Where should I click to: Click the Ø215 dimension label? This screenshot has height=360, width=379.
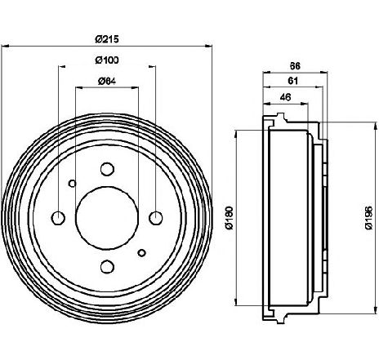click(107, 39)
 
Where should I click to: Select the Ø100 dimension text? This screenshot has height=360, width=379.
click(107, 60)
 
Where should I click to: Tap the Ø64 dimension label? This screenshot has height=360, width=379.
click(107, 81)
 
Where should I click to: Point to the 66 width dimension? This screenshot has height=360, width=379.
click(295, 66)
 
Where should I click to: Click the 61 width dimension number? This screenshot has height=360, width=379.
click(293, 81)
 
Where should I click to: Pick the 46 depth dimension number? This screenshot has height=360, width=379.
click(285, 97)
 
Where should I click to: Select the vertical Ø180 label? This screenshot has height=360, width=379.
click(230, 218)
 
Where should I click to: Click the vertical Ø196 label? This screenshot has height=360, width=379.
click(368, 218)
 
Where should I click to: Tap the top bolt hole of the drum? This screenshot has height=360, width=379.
click(107, 169)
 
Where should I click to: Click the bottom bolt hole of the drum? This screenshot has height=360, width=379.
click(107, 266)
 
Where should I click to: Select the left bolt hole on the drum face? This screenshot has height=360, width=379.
click(58, 218)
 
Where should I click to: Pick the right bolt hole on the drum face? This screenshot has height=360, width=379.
click(156, 218)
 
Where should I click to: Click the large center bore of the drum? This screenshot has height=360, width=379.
click(107, 218)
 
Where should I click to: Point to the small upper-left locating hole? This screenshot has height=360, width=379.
click(72, 184)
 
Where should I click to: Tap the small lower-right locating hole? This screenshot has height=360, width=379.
click(141, 253)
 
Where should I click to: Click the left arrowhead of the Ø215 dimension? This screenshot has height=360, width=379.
click(5, 47)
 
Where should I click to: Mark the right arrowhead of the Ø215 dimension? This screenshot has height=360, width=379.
click(208, 47)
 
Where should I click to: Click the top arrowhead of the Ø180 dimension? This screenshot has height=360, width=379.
click(236, 134)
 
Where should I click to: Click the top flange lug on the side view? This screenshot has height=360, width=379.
click(281, 118)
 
